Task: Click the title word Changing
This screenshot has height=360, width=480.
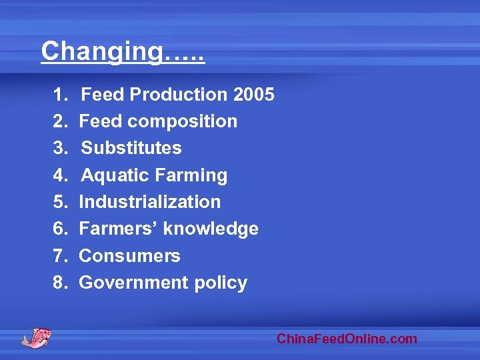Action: [x=101, y=51]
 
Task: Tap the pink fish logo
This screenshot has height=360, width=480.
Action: [x=37, y=337]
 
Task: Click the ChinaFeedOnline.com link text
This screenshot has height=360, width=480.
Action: [x=347, y=339]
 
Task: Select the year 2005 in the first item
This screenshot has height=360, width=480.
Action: [x=254, y=95]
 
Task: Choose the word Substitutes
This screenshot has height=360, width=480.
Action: [x=131, y=148]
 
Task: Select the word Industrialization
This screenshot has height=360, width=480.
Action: [x=149, y=202]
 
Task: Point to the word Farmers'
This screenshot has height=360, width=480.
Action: [x=119, y=229]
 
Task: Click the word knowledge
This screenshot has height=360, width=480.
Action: [x=211, y=229]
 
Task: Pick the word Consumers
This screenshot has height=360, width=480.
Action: [x=129, y=256]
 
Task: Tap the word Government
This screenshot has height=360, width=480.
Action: [x=133, y=283]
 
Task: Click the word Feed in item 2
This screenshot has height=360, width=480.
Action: [x=101, y=121]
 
